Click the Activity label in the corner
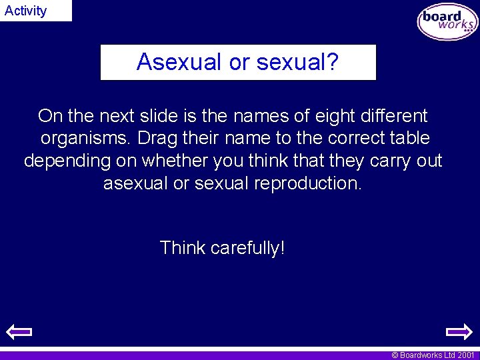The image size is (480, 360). click(26, 11)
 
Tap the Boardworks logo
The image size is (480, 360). click(447, 21)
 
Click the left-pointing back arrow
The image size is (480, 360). click(19, 331)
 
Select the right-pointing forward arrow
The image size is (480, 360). click(459, 331)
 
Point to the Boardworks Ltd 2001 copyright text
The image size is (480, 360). click(433, 355)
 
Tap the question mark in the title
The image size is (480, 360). click(333, 62)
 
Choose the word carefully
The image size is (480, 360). click(247, 248)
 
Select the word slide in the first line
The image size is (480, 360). click(161, 116)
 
